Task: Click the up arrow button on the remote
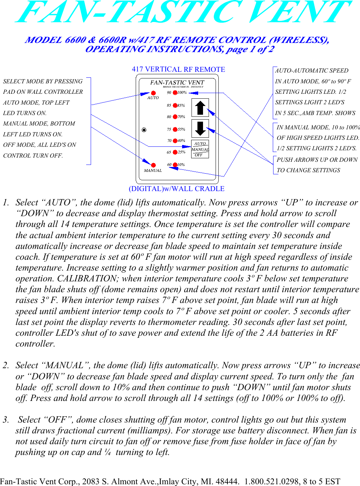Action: [200, 107]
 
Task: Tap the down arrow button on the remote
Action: [200, 128]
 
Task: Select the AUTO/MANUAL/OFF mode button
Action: [200, 149]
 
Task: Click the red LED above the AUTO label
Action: [153, 93]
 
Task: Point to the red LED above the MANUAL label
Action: [153, 165]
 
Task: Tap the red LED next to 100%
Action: [175, 93]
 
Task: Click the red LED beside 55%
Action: [175, 129]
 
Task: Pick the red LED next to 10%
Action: [175, 165]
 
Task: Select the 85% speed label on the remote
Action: [181, 105]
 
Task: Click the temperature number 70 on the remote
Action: [169, 141]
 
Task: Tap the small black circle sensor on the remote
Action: [144, 130]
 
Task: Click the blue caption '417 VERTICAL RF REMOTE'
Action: [178, 69]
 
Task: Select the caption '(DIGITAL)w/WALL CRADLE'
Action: [177, 189]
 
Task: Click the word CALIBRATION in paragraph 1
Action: [87, 279]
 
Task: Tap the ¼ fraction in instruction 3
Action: [107, 452]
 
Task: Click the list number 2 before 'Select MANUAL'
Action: [6, 365]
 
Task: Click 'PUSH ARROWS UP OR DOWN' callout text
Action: [317, 160]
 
